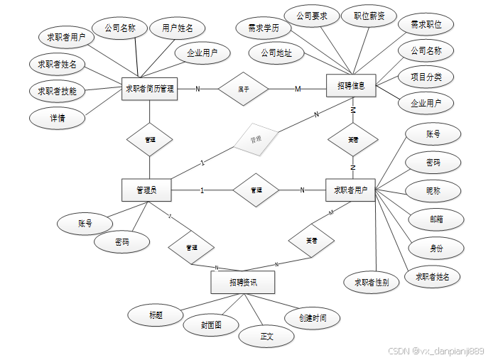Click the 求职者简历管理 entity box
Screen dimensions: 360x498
click(149, 89)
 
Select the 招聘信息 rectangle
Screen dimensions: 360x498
click(351, 86)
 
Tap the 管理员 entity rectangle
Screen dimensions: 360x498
click(146, 190)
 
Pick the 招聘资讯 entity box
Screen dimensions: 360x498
click(243, 283)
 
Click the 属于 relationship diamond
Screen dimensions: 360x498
click(243, 89)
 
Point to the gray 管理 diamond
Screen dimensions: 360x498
click(255, 141)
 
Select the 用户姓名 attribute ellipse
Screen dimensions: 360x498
click(178, 28)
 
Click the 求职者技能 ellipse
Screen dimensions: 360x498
click(58, 91)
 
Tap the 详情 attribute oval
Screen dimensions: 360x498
click(58, 118)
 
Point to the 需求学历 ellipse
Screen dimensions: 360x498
click(264, 28)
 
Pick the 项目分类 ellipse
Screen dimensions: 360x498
click(426, 77)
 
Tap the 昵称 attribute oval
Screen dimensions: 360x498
click(433, 191)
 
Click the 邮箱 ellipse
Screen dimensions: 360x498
click(435, 219)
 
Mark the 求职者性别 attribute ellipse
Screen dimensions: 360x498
click(372, 282)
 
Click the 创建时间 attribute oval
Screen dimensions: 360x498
click(313, 317)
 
